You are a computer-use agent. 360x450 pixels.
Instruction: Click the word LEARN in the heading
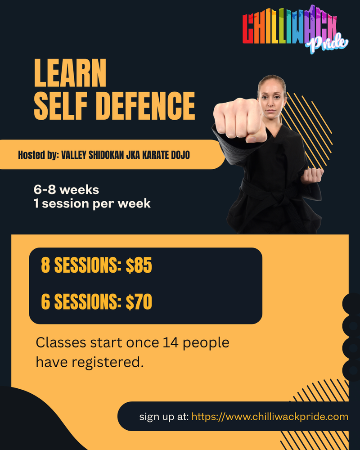coord(70,73)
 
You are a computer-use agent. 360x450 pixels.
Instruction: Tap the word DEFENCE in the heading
coord(145,106)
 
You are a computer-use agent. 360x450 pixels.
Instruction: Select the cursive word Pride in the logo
coord(327,43)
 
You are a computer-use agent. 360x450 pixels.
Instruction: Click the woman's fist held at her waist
coord(312,175)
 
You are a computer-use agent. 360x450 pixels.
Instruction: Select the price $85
coord(139,265)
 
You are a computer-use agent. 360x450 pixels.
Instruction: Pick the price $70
coord(139,301)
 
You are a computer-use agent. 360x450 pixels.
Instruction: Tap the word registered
coord(108,363)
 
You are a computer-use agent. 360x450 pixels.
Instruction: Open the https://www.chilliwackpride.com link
coord(270,417)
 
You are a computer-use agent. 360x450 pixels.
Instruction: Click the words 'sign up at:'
coord(164,417)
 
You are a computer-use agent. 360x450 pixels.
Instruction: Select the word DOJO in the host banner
coord(180,155)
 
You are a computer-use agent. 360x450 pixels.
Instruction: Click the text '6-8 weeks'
coord(66,190)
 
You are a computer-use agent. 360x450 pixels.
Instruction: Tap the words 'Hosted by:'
coord(38,155)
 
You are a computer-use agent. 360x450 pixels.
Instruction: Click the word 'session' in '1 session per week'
coord(65,203)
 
